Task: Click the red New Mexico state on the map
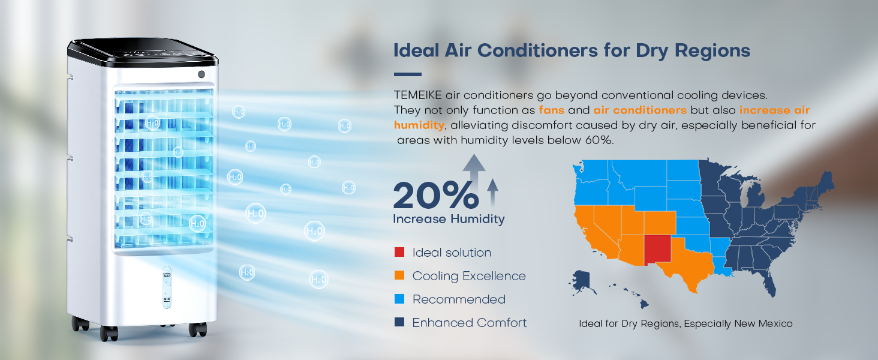click(658, 249)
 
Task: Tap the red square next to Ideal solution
click(399, 252)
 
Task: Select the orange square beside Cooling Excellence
click(399, 275)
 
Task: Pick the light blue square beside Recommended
click(399, 299)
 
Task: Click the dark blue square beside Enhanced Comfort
click(399, 322)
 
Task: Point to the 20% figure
click(436, 195)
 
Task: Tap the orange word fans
click(552, 110)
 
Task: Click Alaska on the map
click(581, 281)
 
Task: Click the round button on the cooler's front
click(202, 74)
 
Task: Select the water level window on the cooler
click(167, 287)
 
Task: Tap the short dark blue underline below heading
click(408, 74)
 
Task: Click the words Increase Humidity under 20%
click(449, 219)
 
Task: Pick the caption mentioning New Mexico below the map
click(685, 324)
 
